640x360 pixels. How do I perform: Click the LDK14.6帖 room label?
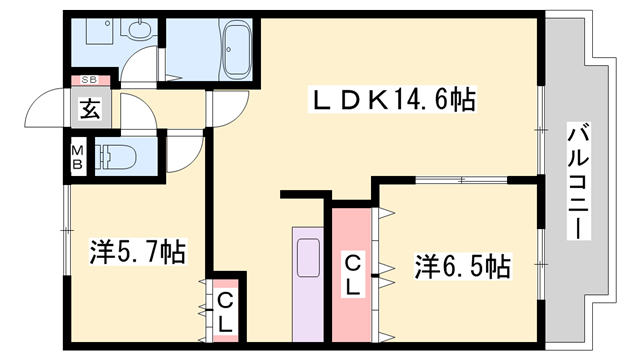click(x=393, y=99)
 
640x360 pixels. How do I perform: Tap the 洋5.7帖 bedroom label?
click(x=137, y=252)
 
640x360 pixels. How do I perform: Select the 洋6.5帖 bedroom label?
click(x=463, y=266)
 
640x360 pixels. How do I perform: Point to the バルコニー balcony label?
click(x=578, y=181)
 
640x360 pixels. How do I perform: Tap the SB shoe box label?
click(x=87, y=79)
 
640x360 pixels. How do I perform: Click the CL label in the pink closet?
click(x=353, y=273)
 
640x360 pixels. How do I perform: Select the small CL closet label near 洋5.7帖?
click(x=226, y=312)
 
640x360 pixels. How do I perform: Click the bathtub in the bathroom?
click(x=237, y=49)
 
